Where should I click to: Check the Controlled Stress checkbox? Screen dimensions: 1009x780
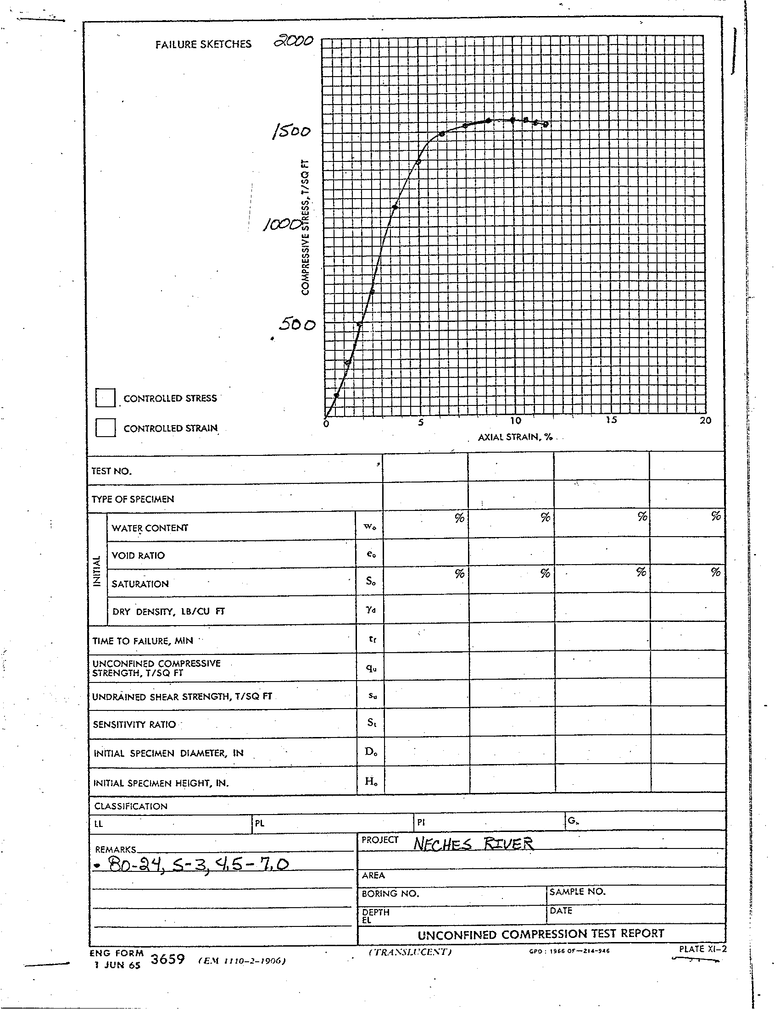coord(106,397)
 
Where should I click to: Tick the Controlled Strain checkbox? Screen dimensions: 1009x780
coord(106,427)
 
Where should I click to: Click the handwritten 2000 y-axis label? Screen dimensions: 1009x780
coord(293,42)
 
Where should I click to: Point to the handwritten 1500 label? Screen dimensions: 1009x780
coord(291,132)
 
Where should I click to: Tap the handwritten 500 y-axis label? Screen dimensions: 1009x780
coord(297,325)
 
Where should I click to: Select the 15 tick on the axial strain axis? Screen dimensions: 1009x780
coord(611,420)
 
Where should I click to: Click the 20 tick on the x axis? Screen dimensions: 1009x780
coord(705,421)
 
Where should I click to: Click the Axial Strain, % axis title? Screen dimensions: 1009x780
coord(515,437)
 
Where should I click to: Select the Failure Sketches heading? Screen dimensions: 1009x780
coord(203,44)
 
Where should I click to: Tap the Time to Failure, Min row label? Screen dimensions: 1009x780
coord(143,641)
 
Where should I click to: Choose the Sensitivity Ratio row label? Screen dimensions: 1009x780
coord(134,724)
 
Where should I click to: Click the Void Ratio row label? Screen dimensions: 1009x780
coord(138,555)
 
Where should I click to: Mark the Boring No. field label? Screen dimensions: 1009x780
coord(390,894)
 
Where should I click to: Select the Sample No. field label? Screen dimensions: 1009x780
coord(577,892)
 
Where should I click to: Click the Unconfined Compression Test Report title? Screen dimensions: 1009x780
coord(540,934)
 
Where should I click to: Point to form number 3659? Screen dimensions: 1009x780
coord(168,959)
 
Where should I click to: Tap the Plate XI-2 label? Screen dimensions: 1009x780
coord(702,949)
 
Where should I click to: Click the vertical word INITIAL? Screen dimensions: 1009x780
coord(97,571)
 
